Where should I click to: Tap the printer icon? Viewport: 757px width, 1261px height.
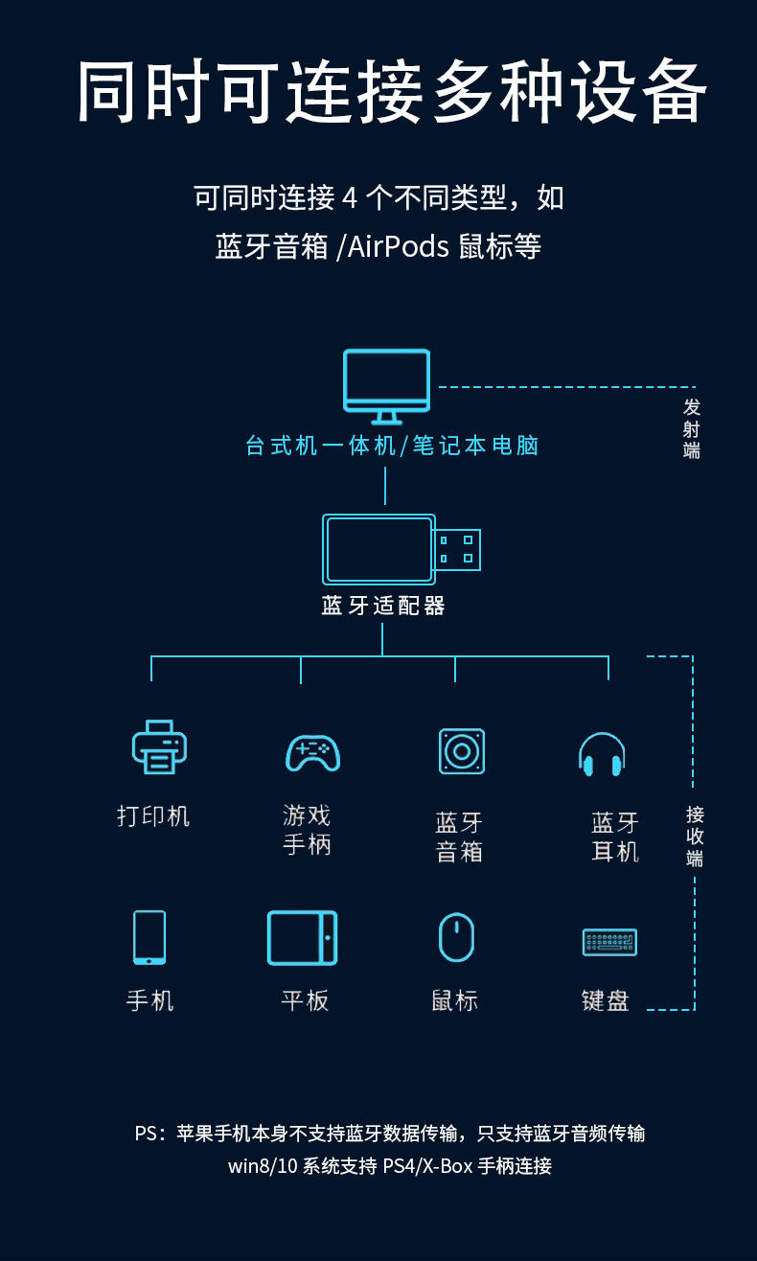coord(159,747)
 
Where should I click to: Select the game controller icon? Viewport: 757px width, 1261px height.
coord(313,752)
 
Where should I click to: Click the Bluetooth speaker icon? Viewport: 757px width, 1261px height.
coord(462,751)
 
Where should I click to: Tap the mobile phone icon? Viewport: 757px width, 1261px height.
coord(149,937)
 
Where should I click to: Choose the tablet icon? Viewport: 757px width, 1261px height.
coord(302,937)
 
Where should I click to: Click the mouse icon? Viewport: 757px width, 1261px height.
coord(456,937)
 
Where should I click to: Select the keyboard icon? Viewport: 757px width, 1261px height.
coord(609,942)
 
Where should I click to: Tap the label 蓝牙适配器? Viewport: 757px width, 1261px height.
coord(383,607)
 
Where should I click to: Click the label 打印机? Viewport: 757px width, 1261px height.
coord(153,815)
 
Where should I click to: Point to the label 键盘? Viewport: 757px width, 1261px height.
coord(605,1001)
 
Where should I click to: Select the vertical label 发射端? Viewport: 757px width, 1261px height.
coord(691,428)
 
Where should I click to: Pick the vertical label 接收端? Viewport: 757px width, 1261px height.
coord(695,836)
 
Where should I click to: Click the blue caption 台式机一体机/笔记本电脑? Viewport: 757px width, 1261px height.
coord(392,446)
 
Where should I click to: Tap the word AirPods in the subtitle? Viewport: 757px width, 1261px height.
coord(398,246)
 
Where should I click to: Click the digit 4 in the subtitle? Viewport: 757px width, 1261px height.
coord(350,198)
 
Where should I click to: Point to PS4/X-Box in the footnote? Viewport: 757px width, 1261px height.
coord(427,1165)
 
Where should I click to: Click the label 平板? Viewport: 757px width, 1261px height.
coord(305,1001)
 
